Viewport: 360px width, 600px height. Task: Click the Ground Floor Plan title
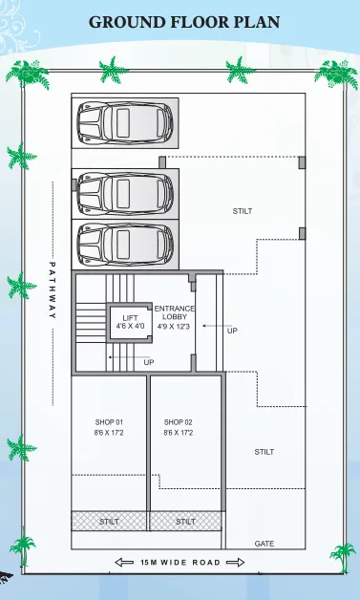click(184, 21)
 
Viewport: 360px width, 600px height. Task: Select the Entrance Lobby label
click(175, 312)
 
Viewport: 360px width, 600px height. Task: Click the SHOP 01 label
click(109, 421)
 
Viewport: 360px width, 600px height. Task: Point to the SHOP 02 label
click(179, 421)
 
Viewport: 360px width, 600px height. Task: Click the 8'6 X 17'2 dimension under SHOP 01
click(109, 434)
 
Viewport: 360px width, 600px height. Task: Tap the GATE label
click(265, 544)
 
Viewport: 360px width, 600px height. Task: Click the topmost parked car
click(123, 121)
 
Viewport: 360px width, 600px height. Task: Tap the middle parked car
click(123, 194)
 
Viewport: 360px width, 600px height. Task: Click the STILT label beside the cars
click(243, 211)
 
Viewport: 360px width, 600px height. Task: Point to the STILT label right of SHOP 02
click(265, 452)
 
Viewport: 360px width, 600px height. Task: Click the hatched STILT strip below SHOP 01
click(109, 522)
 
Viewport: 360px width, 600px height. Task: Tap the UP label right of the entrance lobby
click(232, 332)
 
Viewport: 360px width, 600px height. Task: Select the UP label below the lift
click(148, 363)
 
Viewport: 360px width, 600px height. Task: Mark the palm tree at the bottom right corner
click(342, 560)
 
